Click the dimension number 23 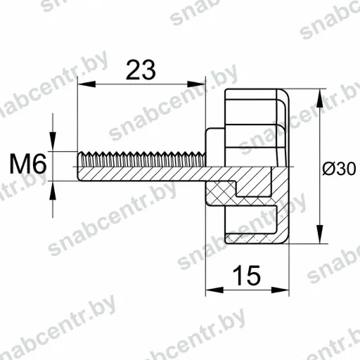click(141, 70)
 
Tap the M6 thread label click(28, 165)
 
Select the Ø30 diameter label click(339, 169)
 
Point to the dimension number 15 click(247, 276)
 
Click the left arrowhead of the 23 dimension click(86, 84)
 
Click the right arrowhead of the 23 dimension click(196, 84)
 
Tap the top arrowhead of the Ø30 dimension click(320, 98)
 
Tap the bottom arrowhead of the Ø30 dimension click(320, 234)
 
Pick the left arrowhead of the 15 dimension click(214, 290)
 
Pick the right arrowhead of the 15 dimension click(280, 290)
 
